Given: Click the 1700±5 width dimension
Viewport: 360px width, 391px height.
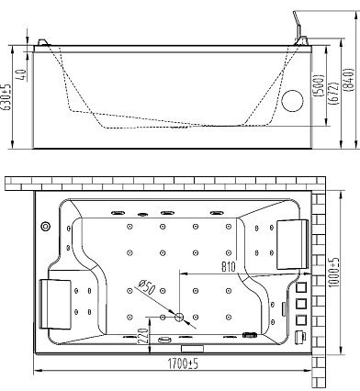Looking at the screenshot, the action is [x=183, y=363].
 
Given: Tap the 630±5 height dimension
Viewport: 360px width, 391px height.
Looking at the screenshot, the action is [x=6, y=97].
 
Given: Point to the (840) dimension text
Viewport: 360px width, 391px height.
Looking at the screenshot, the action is [x=349, y=80].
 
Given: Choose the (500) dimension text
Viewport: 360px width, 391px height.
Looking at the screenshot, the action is [x=319, y=85].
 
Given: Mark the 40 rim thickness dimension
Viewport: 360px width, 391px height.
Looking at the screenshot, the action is [x=21, y=74].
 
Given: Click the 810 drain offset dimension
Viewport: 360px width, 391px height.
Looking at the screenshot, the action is [x=229, y=267].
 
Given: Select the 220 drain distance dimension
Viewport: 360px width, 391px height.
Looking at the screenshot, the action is [x=143, y=337].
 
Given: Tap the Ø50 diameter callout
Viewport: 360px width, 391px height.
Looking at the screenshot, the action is [x=147, y=287].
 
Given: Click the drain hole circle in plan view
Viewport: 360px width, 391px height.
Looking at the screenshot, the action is [x=179, y=318].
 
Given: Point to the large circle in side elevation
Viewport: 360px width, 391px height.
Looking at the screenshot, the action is [x=292, y=101].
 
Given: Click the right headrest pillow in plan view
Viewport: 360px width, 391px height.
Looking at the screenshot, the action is [x=292, y=244].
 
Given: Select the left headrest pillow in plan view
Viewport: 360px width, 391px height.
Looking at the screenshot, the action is [x=55, y=304].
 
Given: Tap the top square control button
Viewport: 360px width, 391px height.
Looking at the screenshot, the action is [x=301, y=287].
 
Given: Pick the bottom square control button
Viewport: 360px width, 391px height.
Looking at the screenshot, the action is [x=301, y=319].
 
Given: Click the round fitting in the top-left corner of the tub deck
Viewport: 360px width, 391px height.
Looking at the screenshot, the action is [x=46, y=226].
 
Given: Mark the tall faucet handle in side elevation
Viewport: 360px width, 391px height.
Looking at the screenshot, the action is [x=298, y=26].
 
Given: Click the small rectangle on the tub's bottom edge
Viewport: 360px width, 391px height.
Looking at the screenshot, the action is [x=193, y=348].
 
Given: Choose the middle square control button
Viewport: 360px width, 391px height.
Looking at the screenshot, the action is [x=301, y=304].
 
